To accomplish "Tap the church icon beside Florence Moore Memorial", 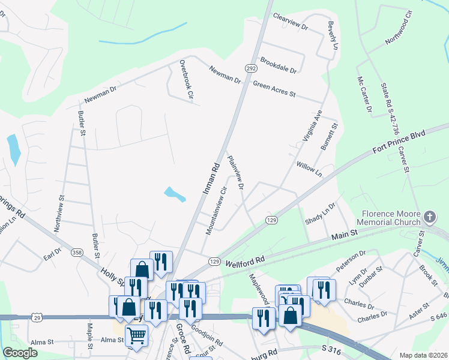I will pos(429,216).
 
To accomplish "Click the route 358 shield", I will pos(77,253).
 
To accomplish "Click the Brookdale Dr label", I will pos(278,65).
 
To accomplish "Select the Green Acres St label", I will pos(274,89).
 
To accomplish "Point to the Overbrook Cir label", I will pos(186,79).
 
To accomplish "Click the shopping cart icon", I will pos(137,336).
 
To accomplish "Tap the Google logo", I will pos(20,353).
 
